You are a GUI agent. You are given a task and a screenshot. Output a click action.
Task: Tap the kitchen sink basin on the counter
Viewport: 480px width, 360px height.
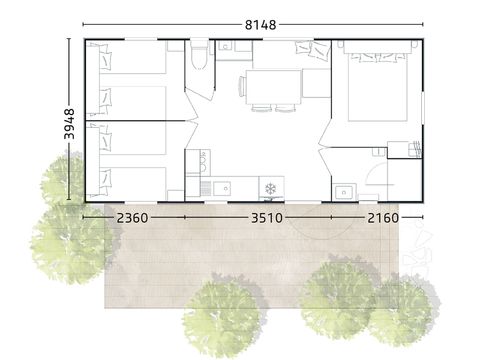click(x=221, y=187)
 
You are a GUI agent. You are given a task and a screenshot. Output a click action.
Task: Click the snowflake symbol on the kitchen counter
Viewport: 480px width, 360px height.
click(x=270, y=187)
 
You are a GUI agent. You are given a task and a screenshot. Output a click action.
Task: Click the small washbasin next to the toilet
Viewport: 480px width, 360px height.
click(x=227, y=45)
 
